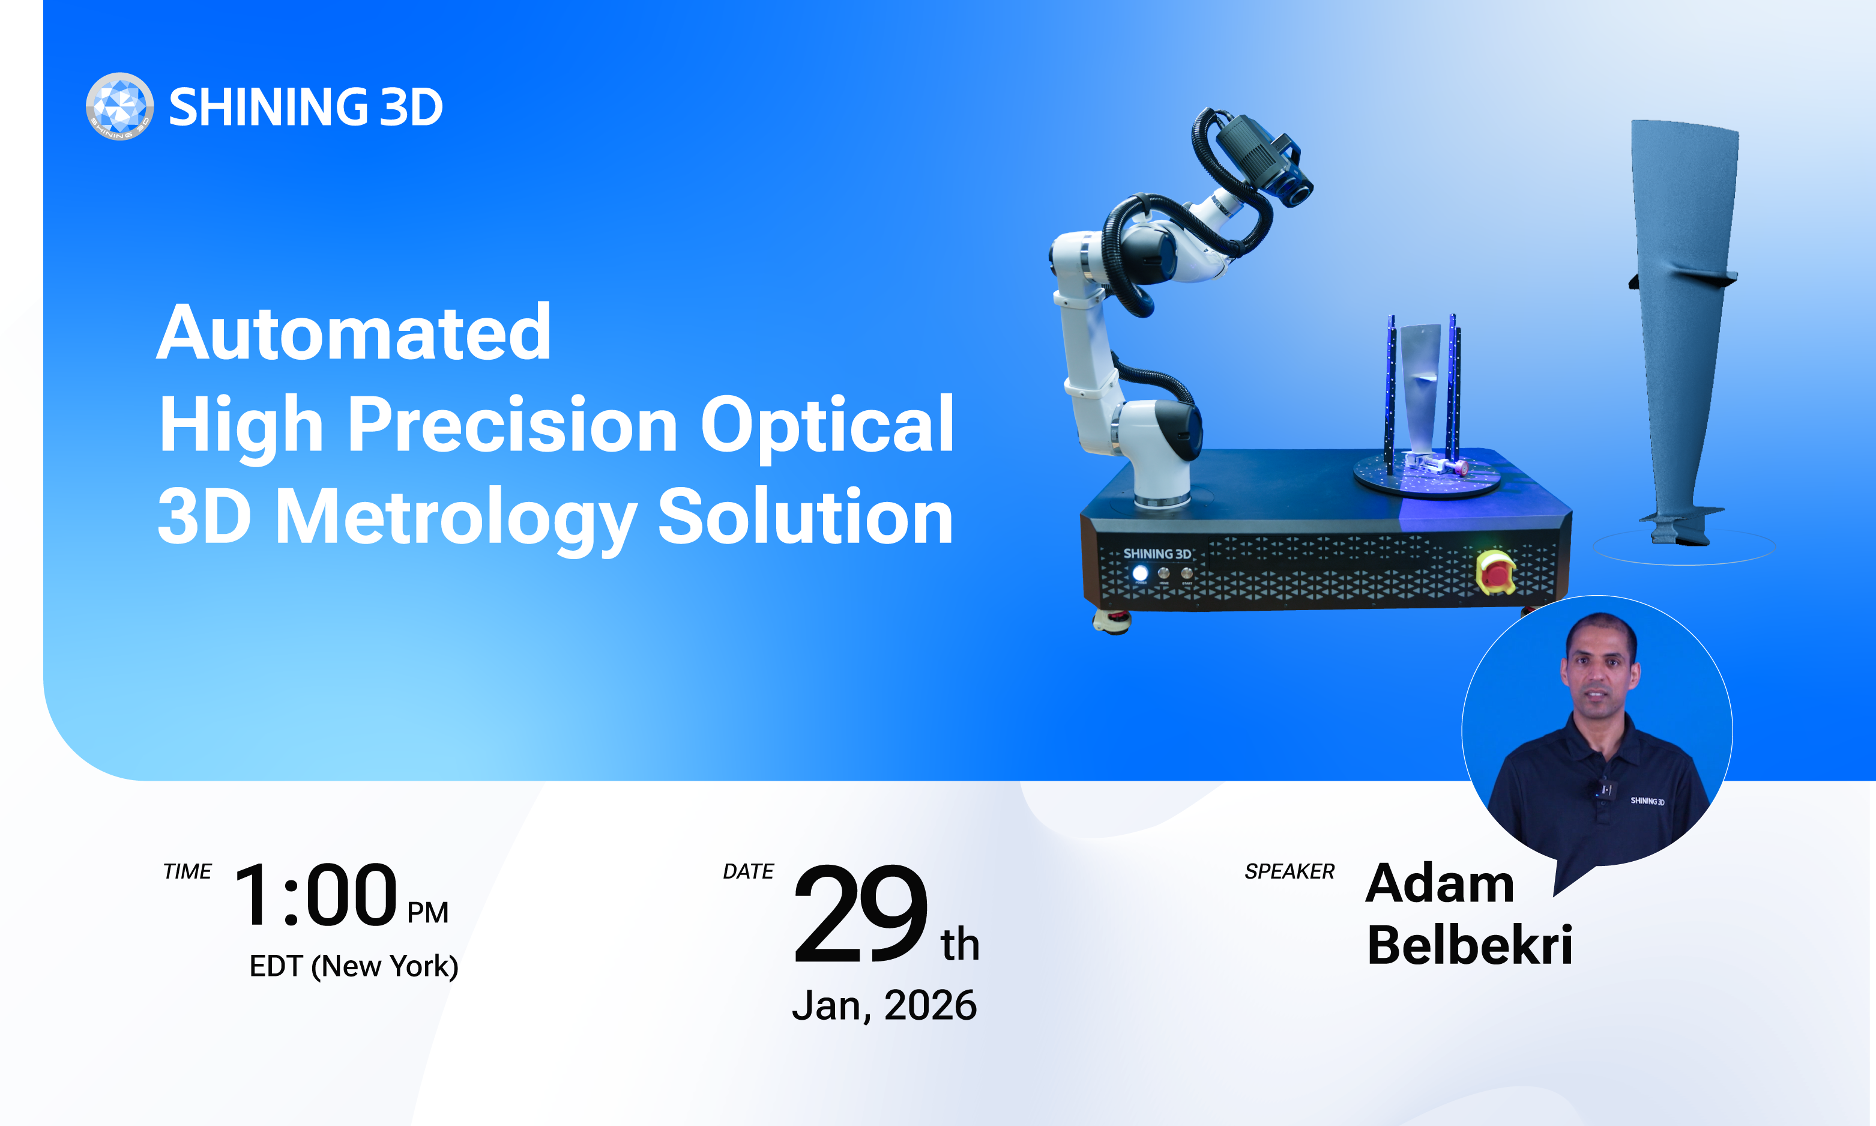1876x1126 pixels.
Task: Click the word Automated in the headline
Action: click(354, 332)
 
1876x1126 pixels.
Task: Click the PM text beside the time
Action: click(427, 912)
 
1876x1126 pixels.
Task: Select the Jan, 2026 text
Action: click(884, 1005)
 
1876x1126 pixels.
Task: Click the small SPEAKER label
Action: click(1289, 872)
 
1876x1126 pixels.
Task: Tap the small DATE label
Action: click(749, 872)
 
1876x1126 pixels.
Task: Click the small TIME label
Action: click(187, 872)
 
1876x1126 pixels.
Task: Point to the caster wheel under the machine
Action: click(1112, 622)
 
